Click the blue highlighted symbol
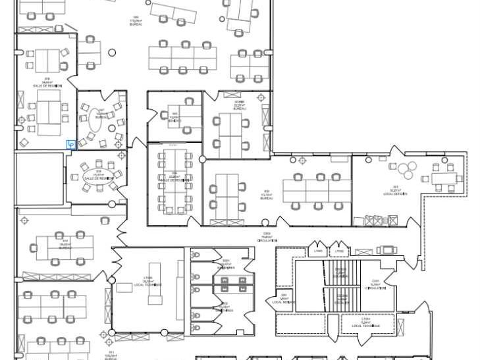coord(70,143)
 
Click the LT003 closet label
coord(319,252)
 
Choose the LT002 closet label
coord(340,252)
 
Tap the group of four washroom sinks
coord(234,284)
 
